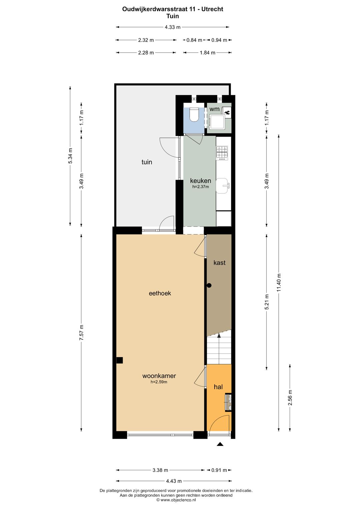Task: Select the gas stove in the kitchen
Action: pyautogui.click(x=222, y=152)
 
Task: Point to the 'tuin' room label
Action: pyautogui.click(x=147, y=162)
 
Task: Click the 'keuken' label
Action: pyautogui.click(x=200, y=181)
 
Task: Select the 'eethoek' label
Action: pyautogui.click(x=160, y=293)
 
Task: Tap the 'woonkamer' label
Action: pyautogui.click(x=159, y=376)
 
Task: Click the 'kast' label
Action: pyautogui.click(x=219, y=263)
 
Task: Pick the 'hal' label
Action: pyautogui.click(x=218, y=387)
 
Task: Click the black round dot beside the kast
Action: pyautogui.click(x=209, y=286)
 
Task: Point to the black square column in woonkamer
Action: pyautogui.click(x=119, y=360)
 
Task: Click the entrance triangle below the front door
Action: pyautogui.click(x=220, y=444)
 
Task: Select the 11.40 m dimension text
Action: pyautogui.click(x=279, y=283)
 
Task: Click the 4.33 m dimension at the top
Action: pyautogui.click(x=172, y=27)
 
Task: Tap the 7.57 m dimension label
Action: pyautogui.click(x=82, y=332)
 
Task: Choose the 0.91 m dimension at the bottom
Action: pyautogui.click(x=219, y=470)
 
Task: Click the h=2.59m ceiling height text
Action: pyautogui.click(x=159, y=382)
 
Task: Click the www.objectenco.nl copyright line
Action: pyautogui.click(x=176, y=500)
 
